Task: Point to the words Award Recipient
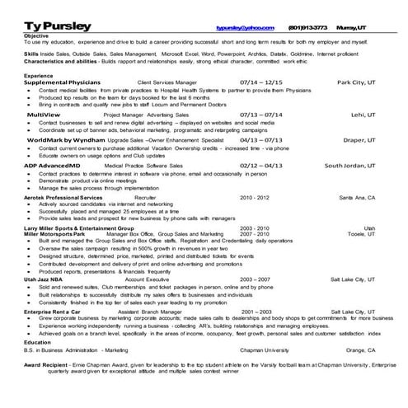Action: [45, 363]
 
